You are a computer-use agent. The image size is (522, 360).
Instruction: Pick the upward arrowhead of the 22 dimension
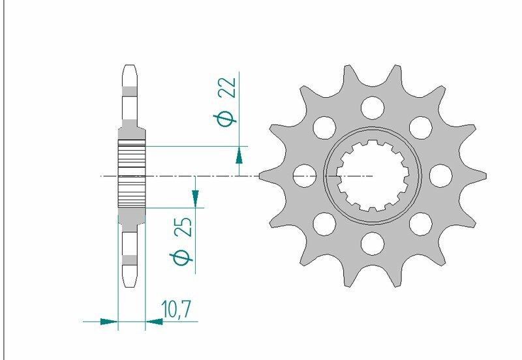pos(239,155)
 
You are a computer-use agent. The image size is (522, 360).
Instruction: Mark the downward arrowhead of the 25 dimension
pos(195,196)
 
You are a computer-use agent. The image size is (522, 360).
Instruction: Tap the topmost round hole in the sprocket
pos(373,106)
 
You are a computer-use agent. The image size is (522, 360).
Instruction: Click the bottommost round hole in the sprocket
pos(373,244)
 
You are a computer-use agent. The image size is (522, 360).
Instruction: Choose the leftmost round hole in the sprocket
pos(303,175)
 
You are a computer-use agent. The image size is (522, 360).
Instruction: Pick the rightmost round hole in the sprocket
pos(442,175)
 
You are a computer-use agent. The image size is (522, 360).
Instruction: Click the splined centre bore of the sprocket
pos(373,175)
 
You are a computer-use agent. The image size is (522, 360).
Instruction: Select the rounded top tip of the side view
pos(130,67)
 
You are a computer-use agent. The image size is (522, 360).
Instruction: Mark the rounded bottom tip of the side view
pos(130,284)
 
